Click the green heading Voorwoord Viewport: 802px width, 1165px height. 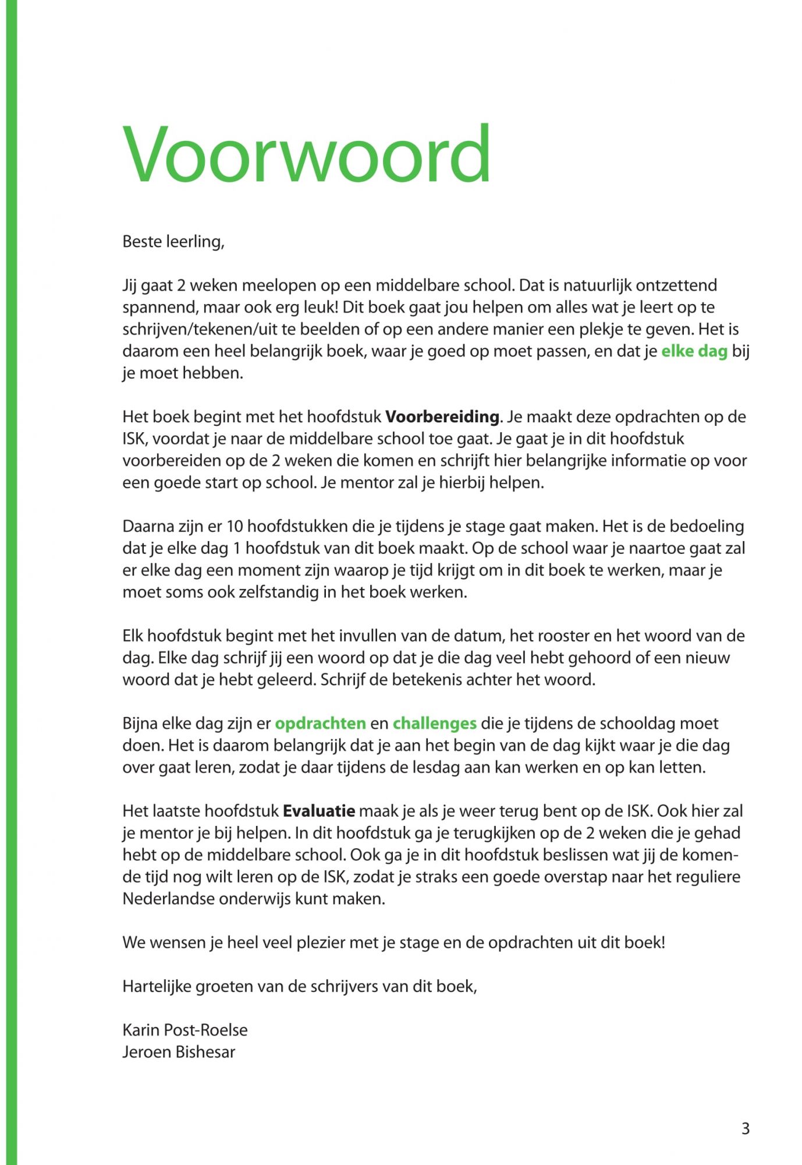(306, 155)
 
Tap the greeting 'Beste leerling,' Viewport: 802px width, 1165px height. (173, 242)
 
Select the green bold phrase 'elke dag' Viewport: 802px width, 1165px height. (694, 351)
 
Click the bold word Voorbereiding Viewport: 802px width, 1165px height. (442, 417)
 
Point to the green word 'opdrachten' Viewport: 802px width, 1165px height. (320, 723)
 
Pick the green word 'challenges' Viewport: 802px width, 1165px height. (434, 723)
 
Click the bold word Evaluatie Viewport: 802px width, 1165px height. (319, 811)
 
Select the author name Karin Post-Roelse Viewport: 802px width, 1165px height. (184, 1030)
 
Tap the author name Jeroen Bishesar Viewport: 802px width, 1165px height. (179, 1052)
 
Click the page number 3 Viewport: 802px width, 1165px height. (746, 1129)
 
